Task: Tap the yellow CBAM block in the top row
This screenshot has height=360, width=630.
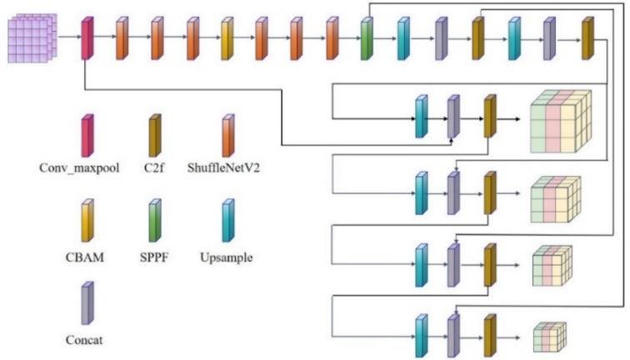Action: (x=227, y=37)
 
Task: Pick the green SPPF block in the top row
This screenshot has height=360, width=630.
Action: (x=367, y=37)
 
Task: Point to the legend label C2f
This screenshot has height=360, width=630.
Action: (x=154, y=167)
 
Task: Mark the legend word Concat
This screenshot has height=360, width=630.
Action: (x=87, y=339)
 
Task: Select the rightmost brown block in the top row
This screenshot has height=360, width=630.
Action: (x=587, y=37)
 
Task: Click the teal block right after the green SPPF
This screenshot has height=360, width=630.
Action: (x=403, y=37)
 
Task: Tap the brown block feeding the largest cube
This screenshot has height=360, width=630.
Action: (x=490, y=117)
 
